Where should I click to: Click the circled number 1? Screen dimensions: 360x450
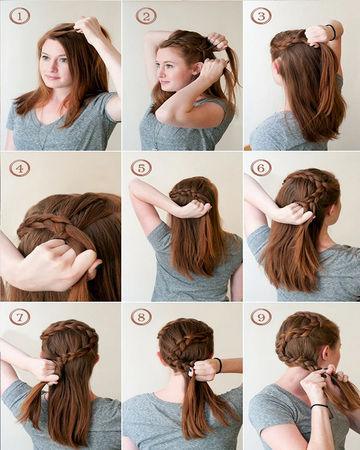pos(20,16)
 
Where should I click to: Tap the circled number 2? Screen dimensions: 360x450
pos(146,16)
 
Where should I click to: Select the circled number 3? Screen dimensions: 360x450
pos(261,16)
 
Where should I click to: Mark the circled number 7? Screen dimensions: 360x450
pos(20,317)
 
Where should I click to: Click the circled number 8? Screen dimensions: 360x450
pos(141,317)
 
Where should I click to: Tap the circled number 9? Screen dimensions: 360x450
pos(261,317)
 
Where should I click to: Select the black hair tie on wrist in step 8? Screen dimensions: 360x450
pos(219,366)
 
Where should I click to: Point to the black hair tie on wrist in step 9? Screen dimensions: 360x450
pos(320,406)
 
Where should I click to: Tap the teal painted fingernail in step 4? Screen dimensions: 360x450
pos(97,267)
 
